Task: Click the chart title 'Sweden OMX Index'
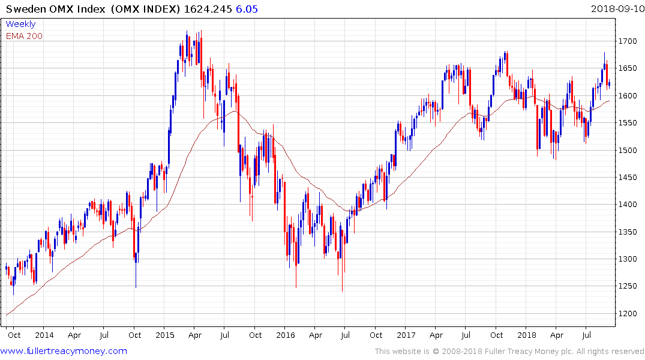52,9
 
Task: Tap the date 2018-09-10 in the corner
616,9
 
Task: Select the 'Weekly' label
20,24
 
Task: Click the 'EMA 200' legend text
24,35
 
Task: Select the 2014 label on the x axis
44,335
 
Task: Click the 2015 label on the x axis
165,335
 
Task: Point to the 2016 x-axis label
285,335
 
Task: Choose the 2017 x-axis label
406,335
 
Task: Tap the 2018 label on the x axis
527,335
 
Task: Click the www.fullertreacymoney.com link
64,351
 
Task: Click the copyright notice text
509,351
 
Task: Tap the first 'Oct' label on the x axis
14,335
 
